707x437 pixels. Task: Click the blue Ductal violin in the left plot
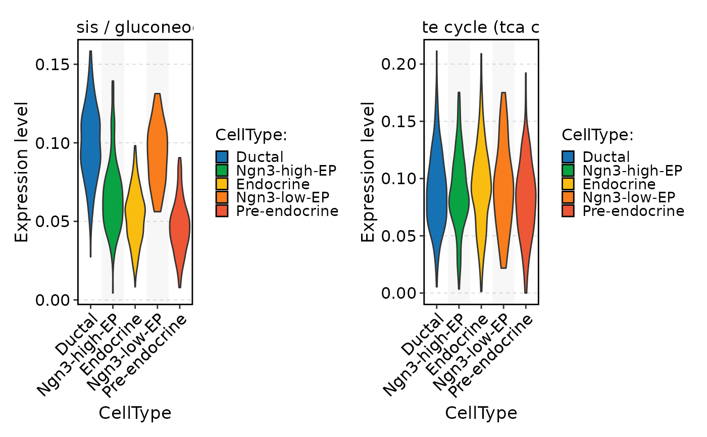point(90,141)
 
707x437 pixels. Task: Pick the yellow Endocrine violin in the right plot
point(481,182)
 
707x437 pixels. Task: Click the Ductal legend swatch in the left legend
point(222,157)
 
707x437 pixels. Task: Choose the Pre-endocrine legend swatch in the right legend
point(569,211)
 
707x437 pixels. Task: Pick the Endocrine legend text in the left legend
point(273,184)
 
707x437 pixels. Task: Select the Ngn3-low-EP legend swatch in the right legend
point(569,197)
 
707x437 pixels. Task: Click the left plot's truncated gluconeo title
point(135,29)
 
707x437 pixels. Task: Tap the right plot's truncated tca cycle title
point(481,29)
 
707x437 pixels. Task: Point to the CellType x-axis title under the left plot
point(135,413)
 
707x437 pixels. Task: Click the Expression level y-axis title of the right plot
point(369,172)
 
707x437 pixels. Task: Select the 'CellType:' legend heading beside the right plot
point(597,135)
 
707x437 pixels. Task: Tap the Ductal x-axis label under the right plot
point(424,334)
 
